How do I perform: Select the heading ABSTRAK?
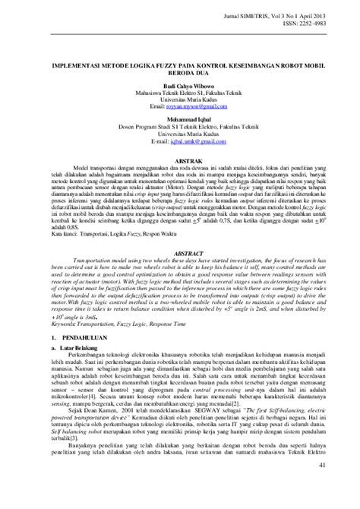179,162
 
